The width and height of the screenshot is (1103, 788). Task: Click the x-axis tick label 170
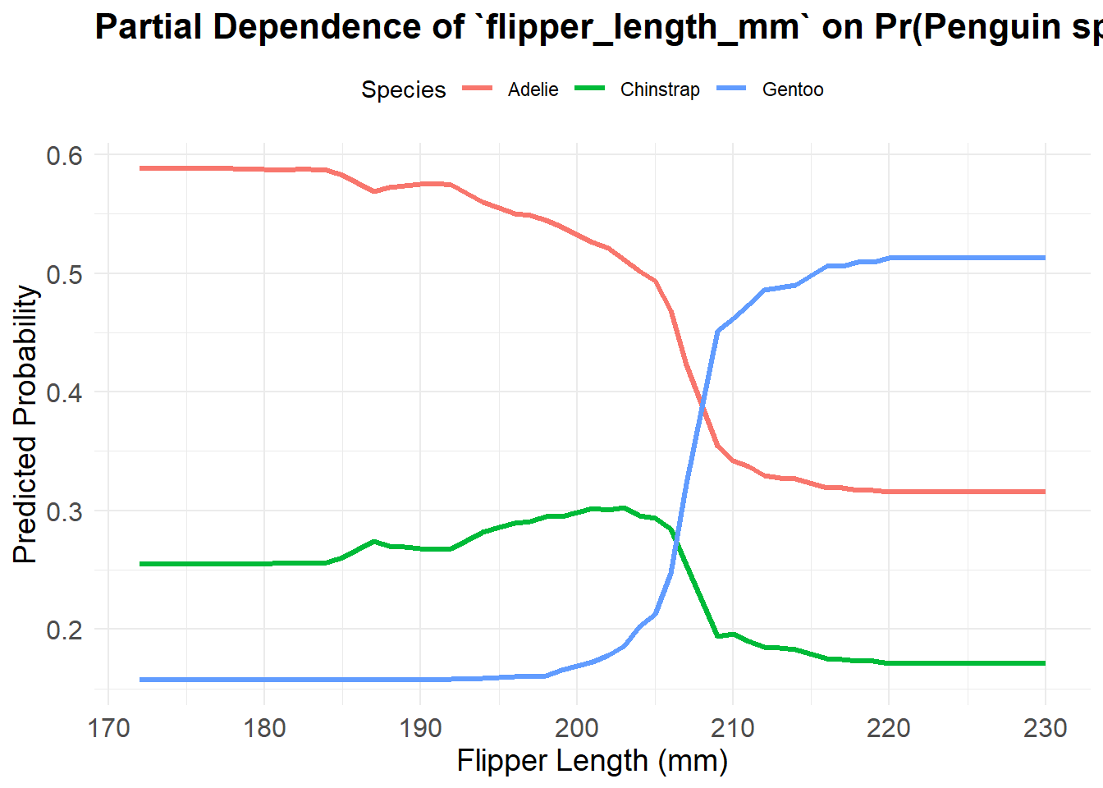point(108,728)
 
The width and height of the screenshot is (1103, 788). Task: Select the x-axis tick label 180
point(264,728)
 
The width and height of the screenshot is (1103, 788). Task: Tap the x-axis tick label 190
point(420,728)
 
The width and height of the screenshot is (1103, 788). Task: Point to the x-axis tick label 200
point(576,728)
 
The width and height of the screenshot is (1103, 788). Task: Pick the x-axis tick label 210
point(732,728)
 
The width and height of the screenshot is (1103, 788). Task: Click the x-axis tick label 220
point(889,728)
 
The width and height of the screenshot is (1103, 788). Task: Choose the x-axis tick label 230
point(1045,728)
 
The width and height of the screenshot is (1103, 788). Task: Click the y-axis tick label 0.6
point(65,155)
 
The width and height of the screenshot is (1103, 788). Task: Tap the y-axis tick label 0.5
point(65,274)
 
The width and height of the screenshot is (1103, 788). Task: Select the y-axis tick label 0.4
point(65,392)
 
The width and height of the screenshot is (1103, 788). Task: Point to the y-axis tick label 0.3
point(65,511)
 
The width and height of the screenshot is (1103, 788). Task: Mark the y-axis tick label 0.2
point(65,630)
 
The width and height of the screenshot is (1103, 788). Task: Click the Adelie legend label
point(533,89)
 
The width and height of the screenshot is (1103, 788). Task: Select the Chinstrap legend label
point(660,89)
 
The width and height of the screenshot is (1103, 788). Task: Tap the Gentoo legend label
point(792,89)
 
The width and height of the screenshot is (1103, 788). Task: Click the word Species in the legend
point(403,89)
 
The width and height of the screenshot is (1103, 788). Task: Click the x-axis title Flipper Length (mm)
point(592,761)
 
